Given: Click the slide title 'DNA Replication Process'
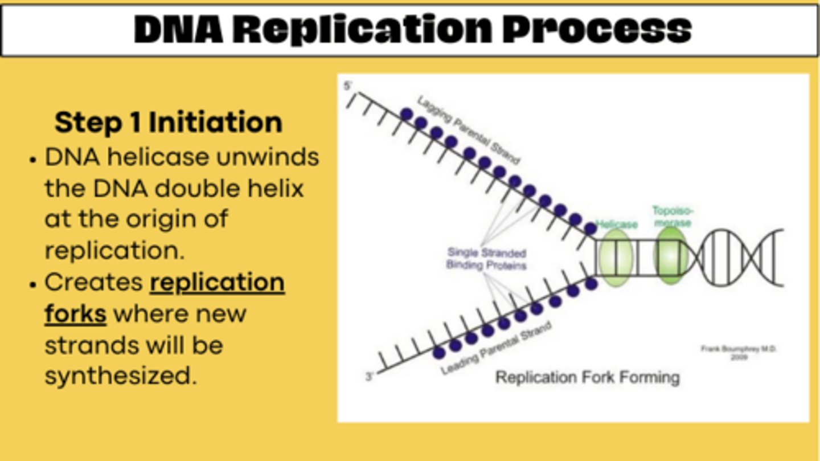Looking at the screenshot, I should (412, 30).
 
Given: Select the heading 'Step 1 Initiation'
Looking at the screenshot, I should (169, 123).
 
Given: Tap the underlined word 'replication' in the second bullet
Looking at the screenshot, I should (217, 283).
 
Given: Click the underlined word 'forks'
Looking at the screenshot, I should (75, 314).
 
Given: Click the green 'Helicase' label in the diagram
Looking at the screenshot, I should (616, 225).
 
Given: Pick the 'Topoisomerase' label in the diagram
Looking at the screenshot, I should (673, 217).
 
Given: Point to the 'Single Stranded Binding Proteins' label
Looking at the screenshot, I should (486, 259).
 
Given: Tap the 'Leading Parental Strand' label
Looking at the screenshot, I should (496, 348).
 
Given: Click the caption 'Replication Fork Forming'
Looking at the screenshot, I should (587, 377).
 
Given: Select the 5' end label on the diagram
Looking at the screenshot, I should (348, 87).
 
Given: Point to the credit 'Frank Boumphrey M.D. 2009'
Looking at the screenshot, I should (739, 353).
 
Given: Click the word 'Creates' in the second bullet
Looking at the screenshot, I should (93, 283).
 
